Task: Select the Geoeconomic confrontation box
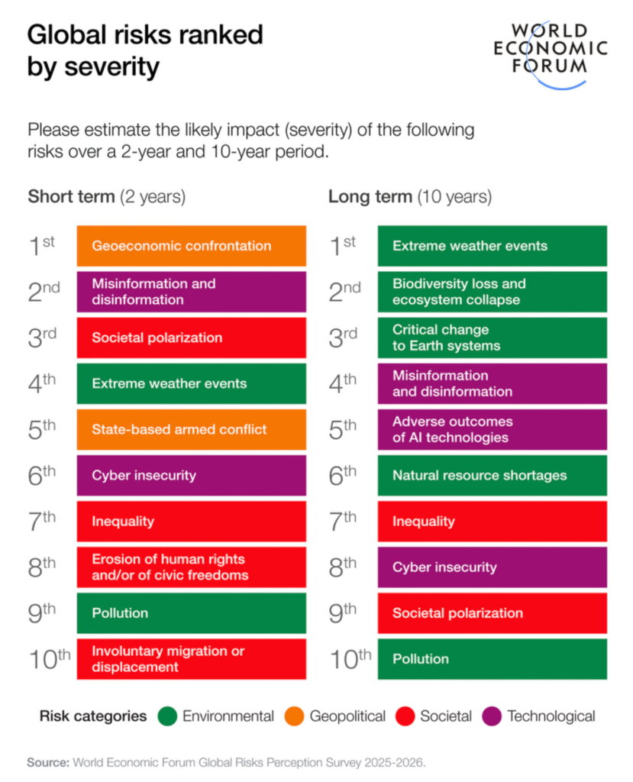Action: pos(191,246)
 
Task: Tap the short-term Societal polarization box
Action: pos(191,338)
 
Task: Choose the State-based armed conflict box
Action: pos(191,429)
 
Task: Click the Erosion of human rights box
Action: pos(191,567)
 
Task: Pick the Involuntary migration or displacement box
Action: pos(191,659)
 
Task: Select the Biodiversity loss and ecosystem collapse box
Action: pos(492,292)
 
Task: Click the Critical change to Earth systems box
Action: pos(492,338)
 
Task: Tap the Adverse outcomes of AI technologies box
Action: pos(492,429)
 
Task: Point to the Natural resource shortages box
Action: pos(492,475)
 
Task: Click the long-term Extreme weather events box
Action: pos(492,246)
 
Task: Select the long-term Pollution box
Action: pos(492,659)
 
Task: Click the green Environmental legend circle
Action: pos(167,716)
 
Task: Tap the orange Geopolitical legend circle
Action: pos(295,716)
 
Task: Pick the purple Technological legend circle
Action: pos(493,716)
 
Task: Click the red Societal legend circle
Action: pos(406,716)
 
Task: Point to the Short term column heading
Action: pos(106,196)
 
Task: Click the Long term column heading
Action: pos(409,196)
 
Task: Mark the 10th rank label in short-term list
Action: pos(49,659)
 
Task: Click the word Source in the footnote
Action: pos(47,762)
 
